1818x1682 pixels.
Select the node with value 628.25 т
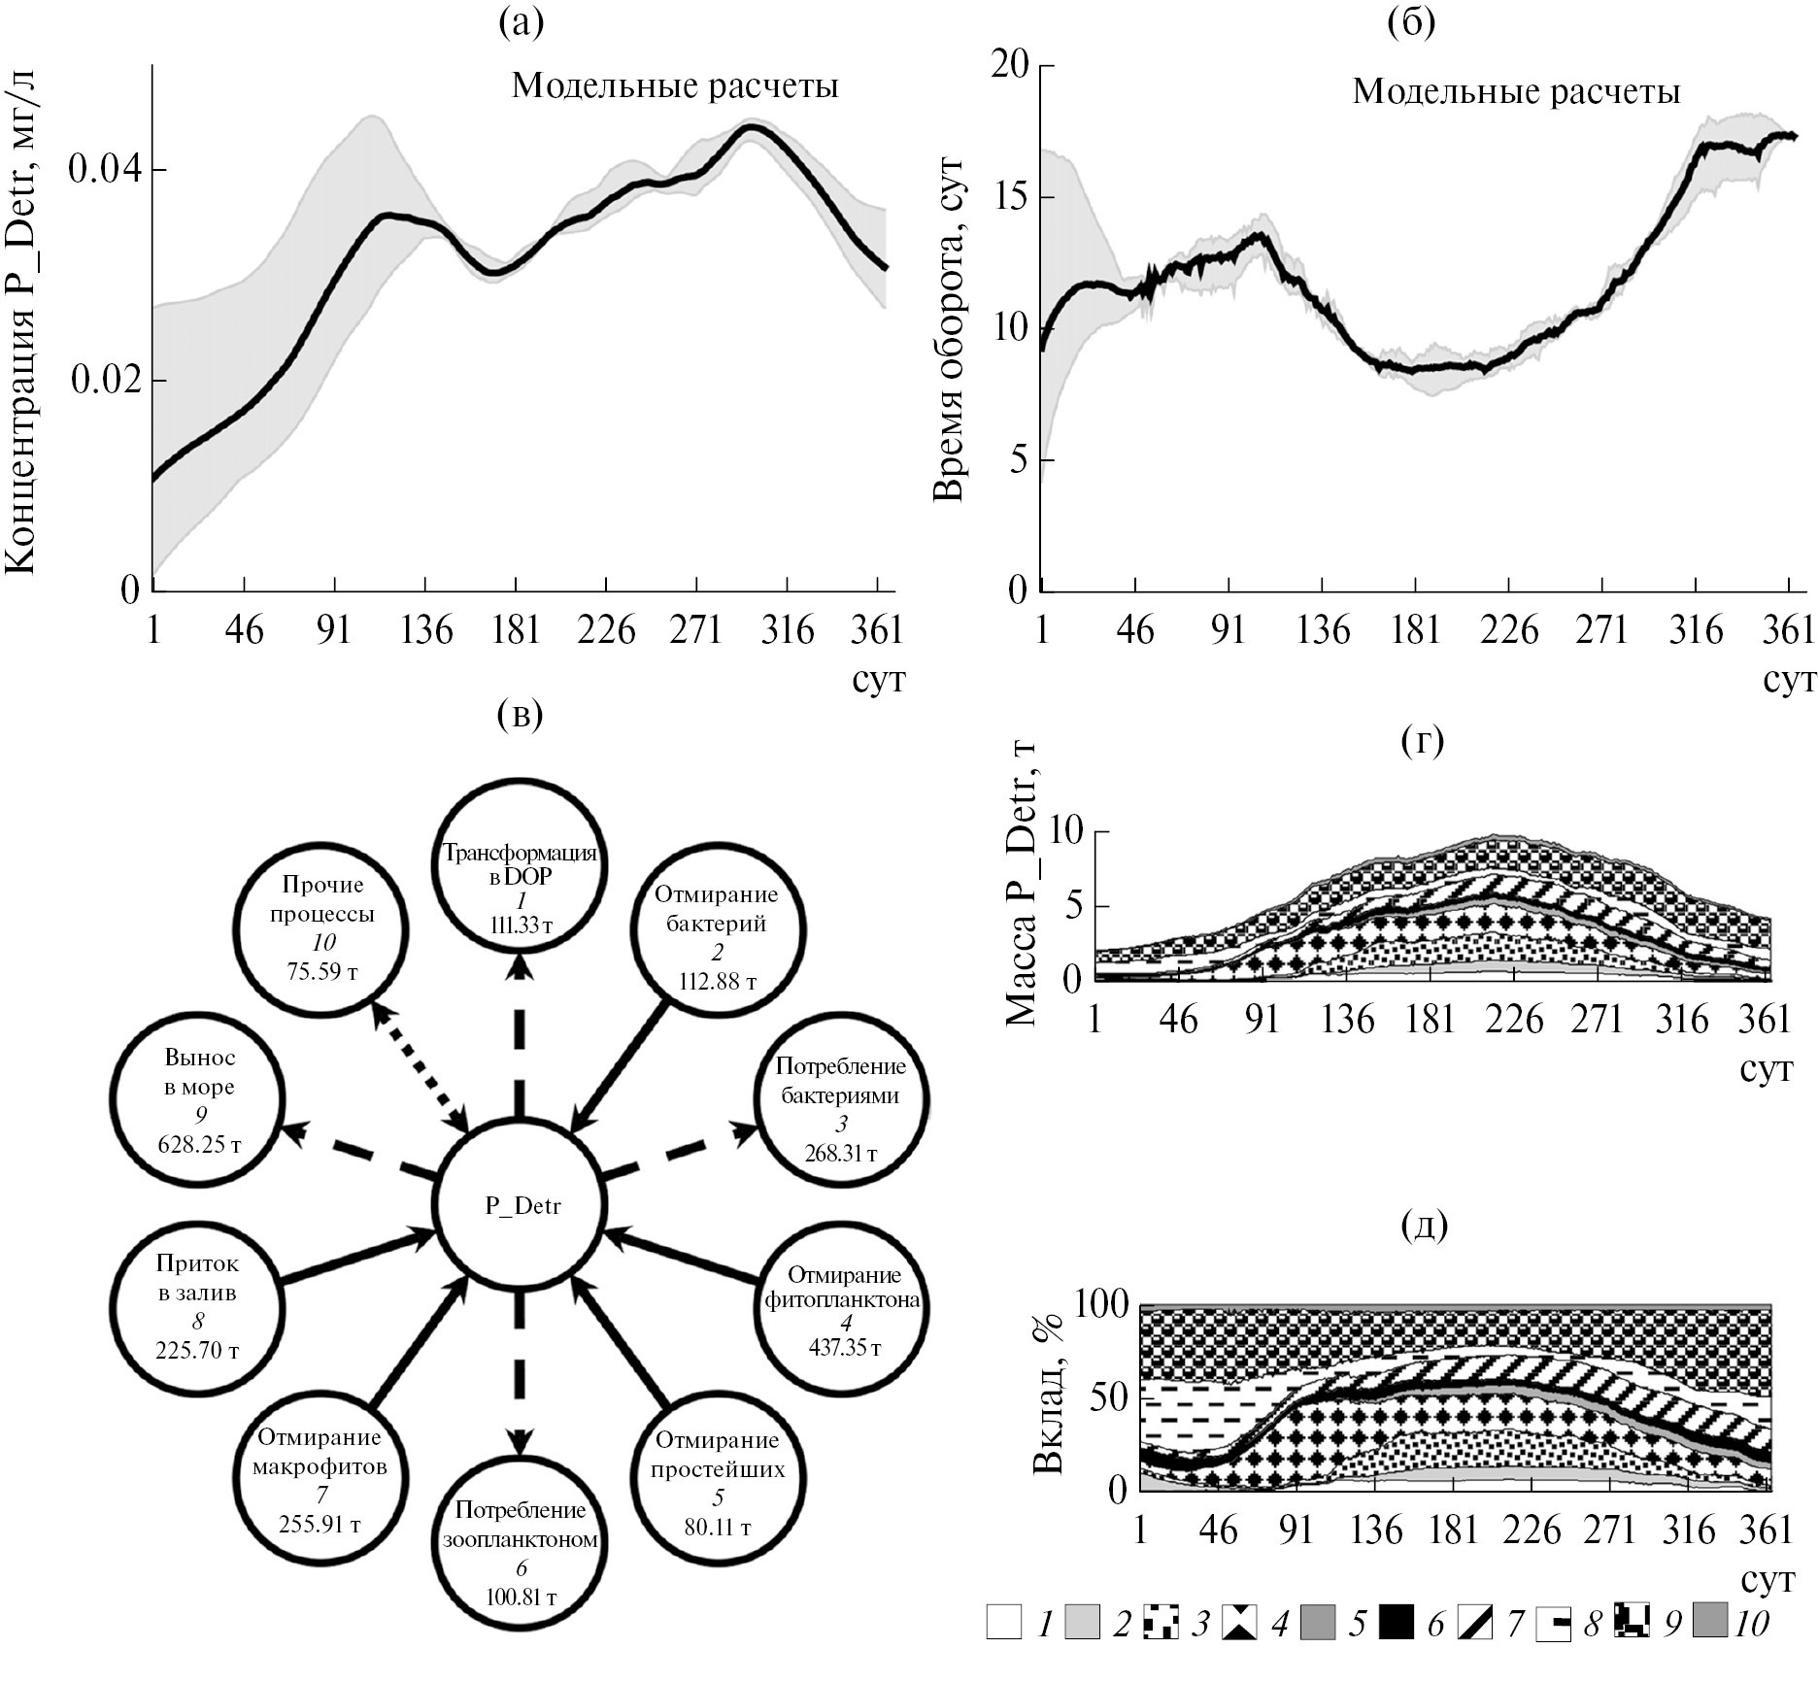point(199,1100)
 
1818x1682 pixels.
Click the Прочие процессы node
point(323,927)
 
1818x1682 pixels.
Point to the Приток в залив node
point(198,1306)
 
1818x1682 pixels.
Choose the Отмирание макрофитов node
point(320,1479)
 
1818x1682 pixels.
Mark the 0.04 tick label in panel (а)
point(104,171)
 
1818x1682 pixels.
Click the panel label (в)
point(520,715)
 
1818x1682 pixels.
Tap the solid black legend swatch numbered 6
point(1397,1623)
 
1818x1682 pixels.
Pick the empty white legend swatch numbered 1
point(1004,1623)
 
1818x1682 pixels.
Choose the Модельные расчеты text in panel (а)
point(675,86)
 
